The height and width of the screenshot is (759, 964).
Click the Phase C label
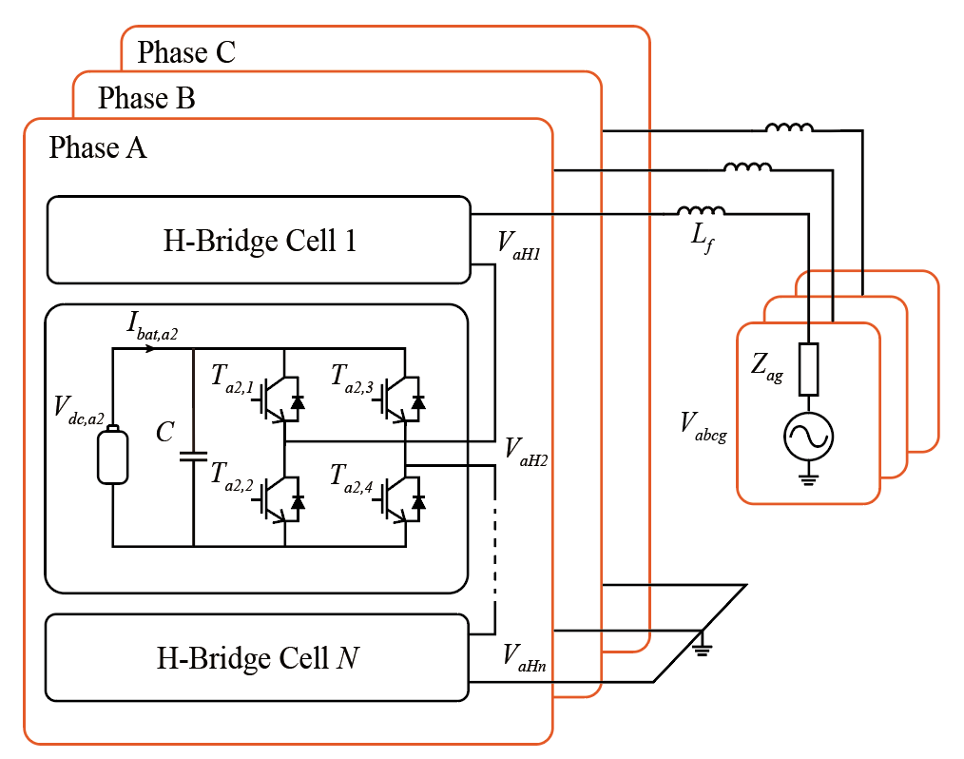(186, 52)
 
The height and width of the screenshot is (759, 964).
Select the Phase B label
(146, 97)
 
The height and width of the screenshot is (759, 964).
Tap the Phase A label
(98, 147)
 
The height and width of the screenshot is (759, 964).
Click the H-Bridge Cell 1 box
(259, 240)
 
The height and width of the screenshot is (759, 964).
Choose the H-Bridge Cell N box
(258, 656)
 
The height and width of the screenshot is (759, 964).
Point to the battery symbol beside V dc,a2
(112, 456)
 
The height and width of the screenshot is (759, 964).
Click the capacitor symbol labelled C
(193, 456)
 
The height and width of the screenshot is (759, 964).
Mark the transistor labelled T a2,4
(399, 499)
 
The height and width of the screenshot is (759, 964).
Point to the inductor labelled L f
(701, 210)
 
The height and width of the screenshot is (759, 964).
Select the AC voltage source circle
(808, 438)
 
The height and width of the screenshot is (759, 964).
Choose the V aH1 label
(519, 243)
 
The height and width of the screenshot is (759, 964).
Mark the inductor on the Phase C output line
(790, 128)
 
